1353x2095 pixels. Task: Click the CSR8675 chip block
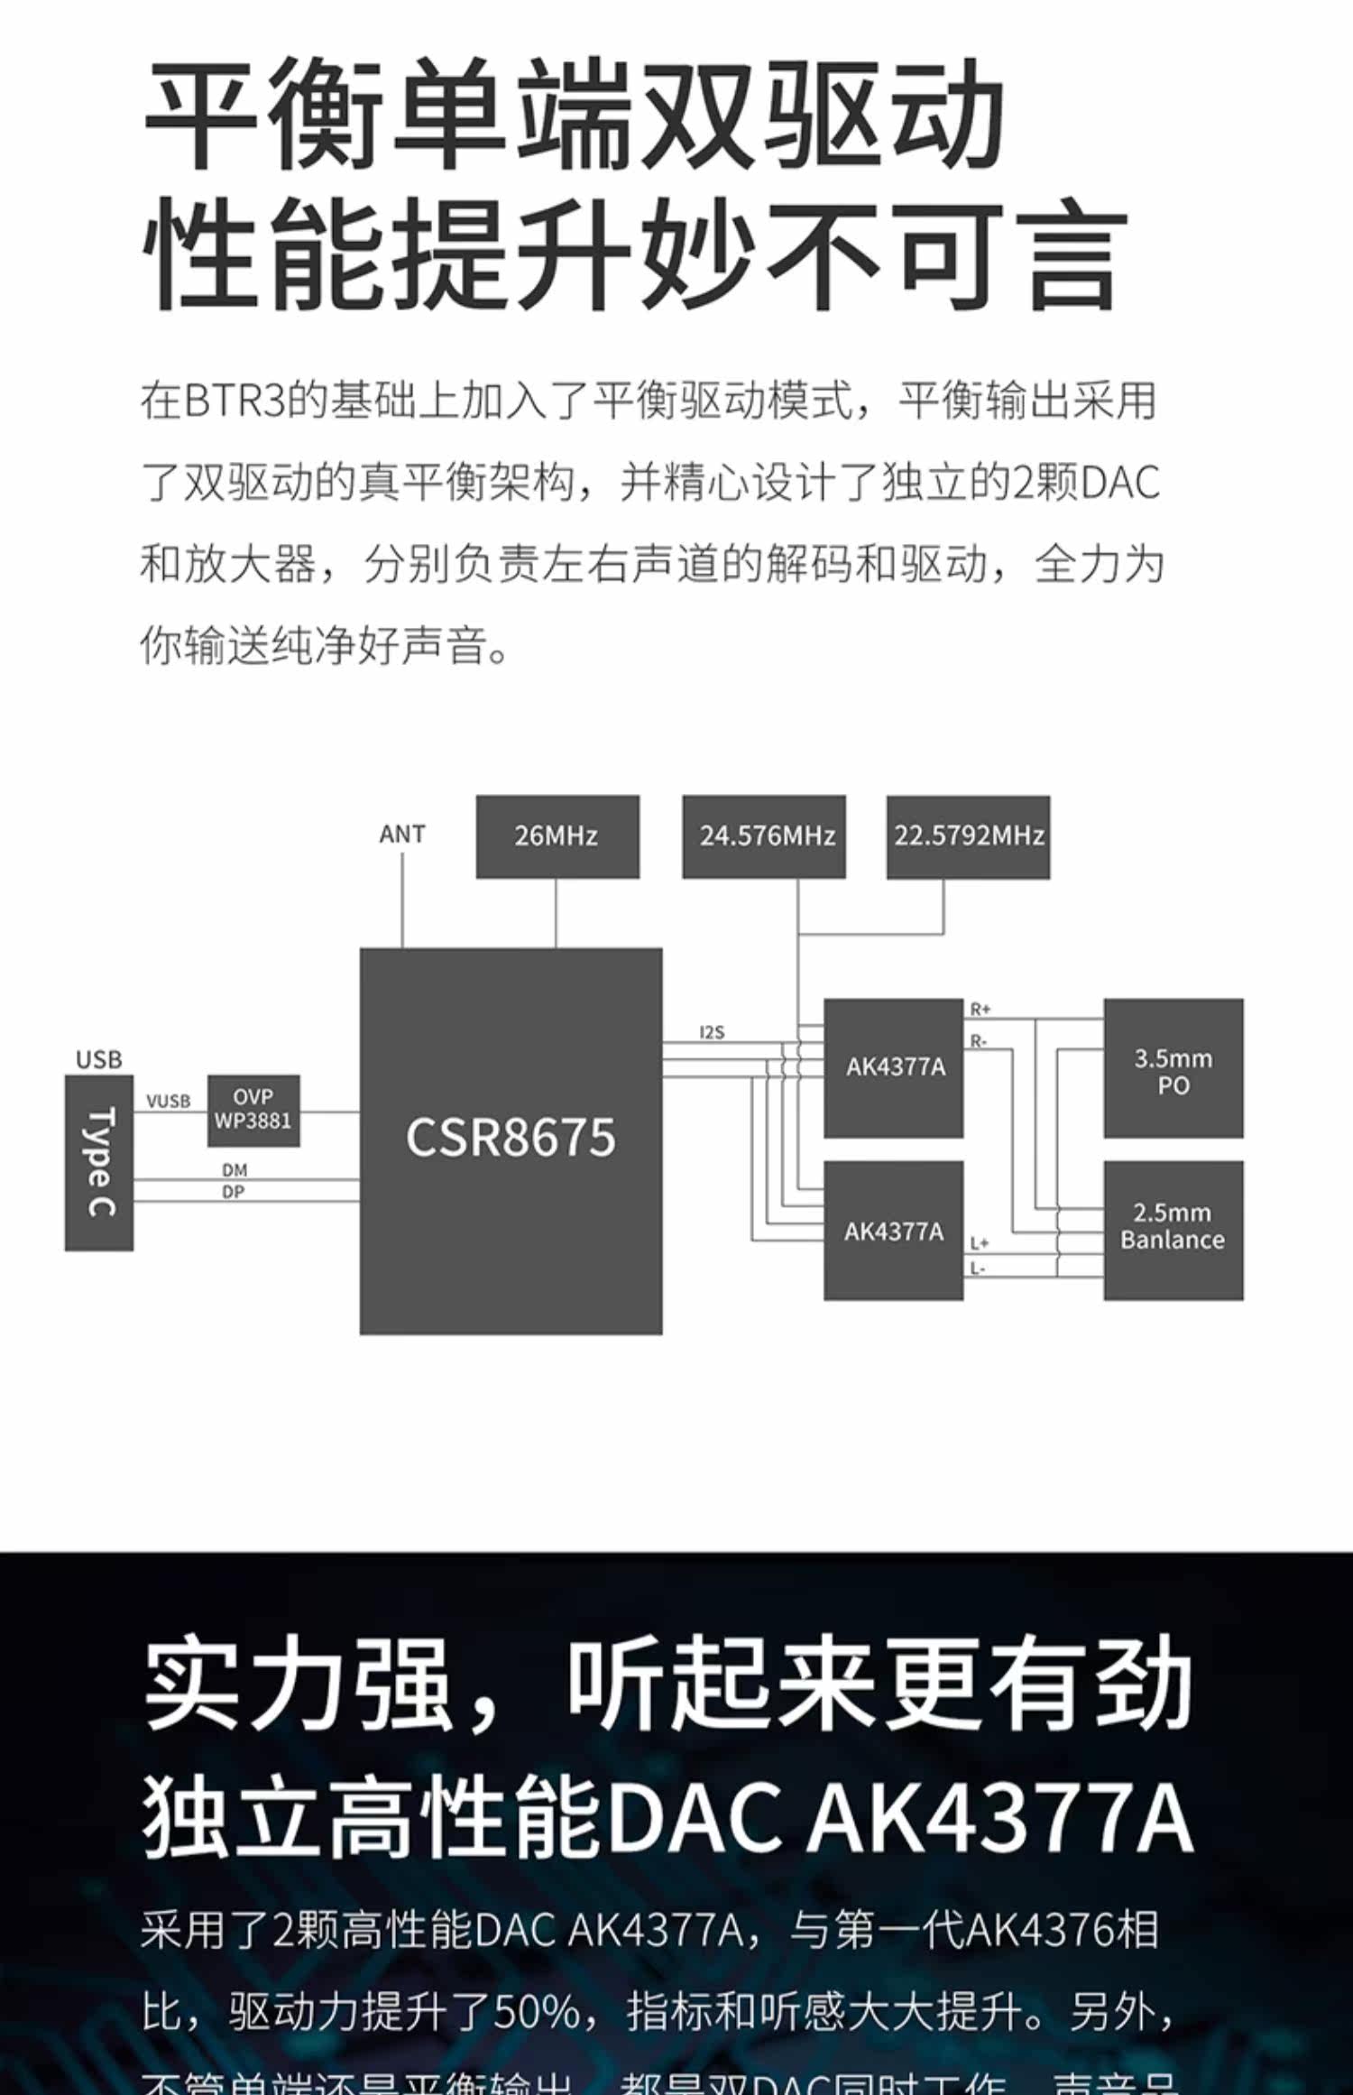[511, 1140]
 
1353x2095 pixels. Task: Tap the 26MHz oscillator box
[557, 836]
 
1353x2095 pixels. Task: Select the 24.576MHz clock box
[764, 836]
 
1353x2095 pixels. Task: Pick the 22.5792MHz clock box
[968, 836]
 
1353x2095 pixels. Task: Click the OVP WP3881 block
[253, 1110]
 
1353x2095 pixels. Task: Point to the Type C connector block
[99, 1162]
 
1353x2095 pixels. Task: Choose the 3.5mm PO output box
[1173, 1068]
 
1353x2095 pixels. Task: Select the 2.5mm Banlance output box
[1173, 1229]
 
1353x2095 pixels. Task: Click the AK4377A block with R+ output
[894, 1067]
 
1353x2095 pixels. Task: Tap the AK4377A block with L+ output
[894, 1231]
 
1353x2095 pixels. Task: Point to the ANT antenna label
[401, 835]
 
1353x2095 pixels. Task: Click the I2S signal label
[712, 1032]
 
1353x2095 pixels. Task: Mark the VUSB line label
[169, 1101]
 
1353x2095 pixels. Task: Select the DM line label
[235, 1169]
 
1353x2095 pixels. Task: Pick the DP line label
[234, 1192]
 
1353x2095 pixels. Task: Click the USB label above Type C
[99, 1059]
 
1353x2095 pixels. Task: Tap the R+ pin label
[980, 1009]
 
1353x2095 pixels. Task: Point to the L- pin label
[978, 1269]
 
